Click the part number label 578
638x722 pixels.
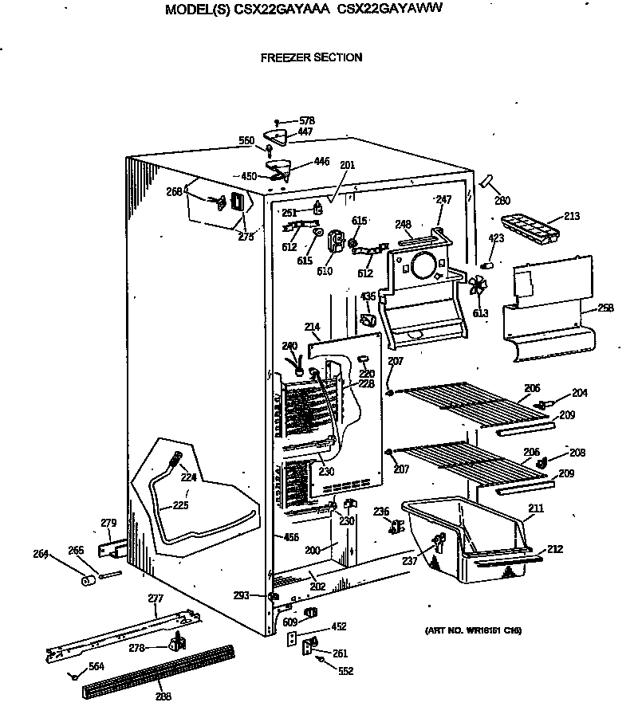pyautogui.click(x=306, y=120)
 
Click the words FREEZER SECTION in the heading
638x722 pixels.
pyautogui.click(x=311, y=57)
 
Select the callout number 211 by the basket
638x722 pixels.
pyautogui.click(x=536, y=507)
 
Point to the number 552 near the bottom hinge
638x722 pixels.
pyautogui.click(x=345, y=671)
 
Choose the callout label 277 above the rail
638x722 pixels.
pyautogui.click(x=156, y=598)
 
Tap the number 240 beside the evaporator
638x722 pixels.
pyautogui.click(x=289, y=346)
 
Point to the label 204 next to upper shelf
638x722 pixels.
pyautogui.click(x=578, y=393)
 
